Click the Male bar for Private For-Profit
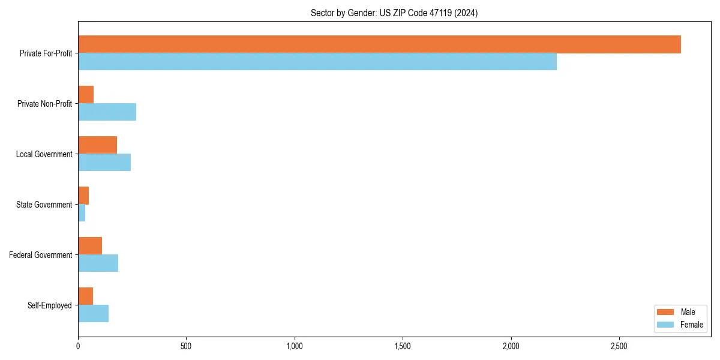point(379,44)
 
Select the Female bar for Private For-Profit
point(317,62)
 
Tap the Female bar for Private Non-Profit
point(107,112)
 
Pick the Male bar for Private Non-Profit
point(86,95)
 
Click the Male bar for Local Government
point(97,145)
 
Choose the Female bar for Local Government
point(104,163)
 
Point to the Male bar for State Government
point(83,196)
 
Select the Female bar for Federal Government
point(98,263)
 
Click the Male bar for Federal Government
point(90,246)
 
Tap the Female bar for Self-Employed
point(93,314)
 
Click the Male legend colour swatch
point(665,312)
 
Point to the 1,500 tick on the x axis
point(403,346)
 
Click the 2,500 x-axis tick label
point(619,346)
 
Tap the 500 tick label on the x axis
point(186,346)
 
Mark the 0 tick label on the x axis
point(78,346)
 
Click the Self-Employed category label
point(50,305)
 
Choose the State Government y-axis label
point(44,205)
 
